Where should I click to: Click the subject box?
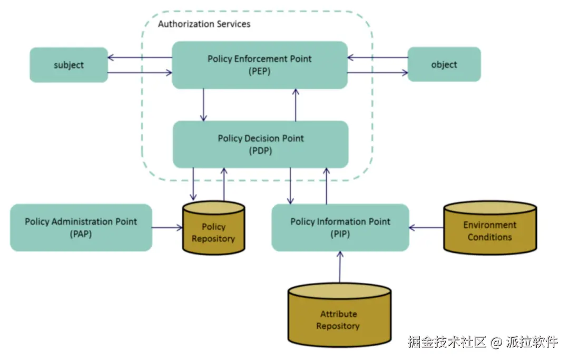(68, 65)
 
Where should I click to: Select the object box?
(444, 64)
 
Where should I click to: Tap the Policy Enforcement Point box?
(259, 65)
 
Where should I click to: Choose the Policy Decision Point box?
(260, 144)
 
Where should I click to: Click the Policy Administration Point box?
(81, 227)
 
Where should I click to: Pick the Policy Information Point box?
(340, 227)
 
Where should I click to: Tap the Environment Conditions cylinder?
(490, 231)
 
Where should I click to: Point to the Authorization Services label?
(204, 24)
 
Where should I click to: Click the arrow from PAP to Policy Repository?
(167, 228)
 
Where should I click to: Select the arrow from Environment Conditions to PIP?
(426, 228)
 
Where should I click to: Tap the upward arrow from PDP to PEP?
(296, 104)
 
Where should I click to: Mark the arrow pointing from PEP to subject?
(140, 57)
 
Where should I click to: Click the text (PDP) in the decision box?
(260, 150)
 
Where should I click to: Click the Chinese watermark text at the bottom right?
(482, 342)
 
